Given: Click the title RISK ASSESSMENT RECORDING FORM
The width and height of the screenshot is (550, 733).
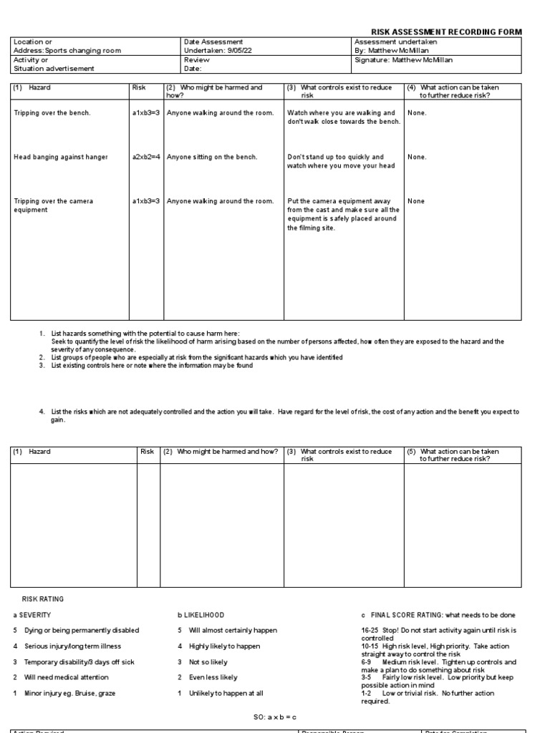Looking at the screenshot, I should click(x=445, y=32).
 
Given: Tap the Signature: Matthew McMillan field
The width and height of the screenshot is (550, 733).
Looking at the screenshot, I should click(x=404, y=60).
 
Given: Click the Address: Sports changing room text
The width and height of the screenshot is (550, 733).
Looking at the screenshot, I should click(x=67, y=51).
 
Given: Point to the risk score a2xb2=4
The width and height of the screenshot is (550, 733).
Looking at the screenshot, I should click(x=146, y=157).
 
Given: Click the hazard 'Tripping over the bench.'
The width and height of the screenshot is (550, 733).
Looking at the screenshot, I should click(x=52, y=113).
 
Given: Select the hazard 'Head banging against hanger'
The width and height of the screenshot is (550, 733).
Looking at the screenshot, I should click(x=61, y=157).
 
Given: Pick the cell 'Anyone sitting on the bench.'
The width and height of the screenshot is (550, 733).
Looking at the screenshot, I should click(x=212, y=157).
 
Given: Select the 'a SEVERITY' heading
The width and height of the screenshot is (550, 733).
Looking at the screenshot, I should click(x=32, y=615).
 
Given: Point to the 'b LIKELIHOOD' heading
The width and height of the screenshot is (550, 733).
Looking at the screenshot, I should click(x=201, y=615).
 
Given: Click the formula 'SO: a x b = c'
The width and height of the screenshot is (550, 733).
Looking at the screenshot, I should click(x=275, y=717).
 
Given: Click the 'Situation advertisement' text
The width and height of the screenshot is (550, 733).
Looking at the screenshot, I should click(x=49, y=69).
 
